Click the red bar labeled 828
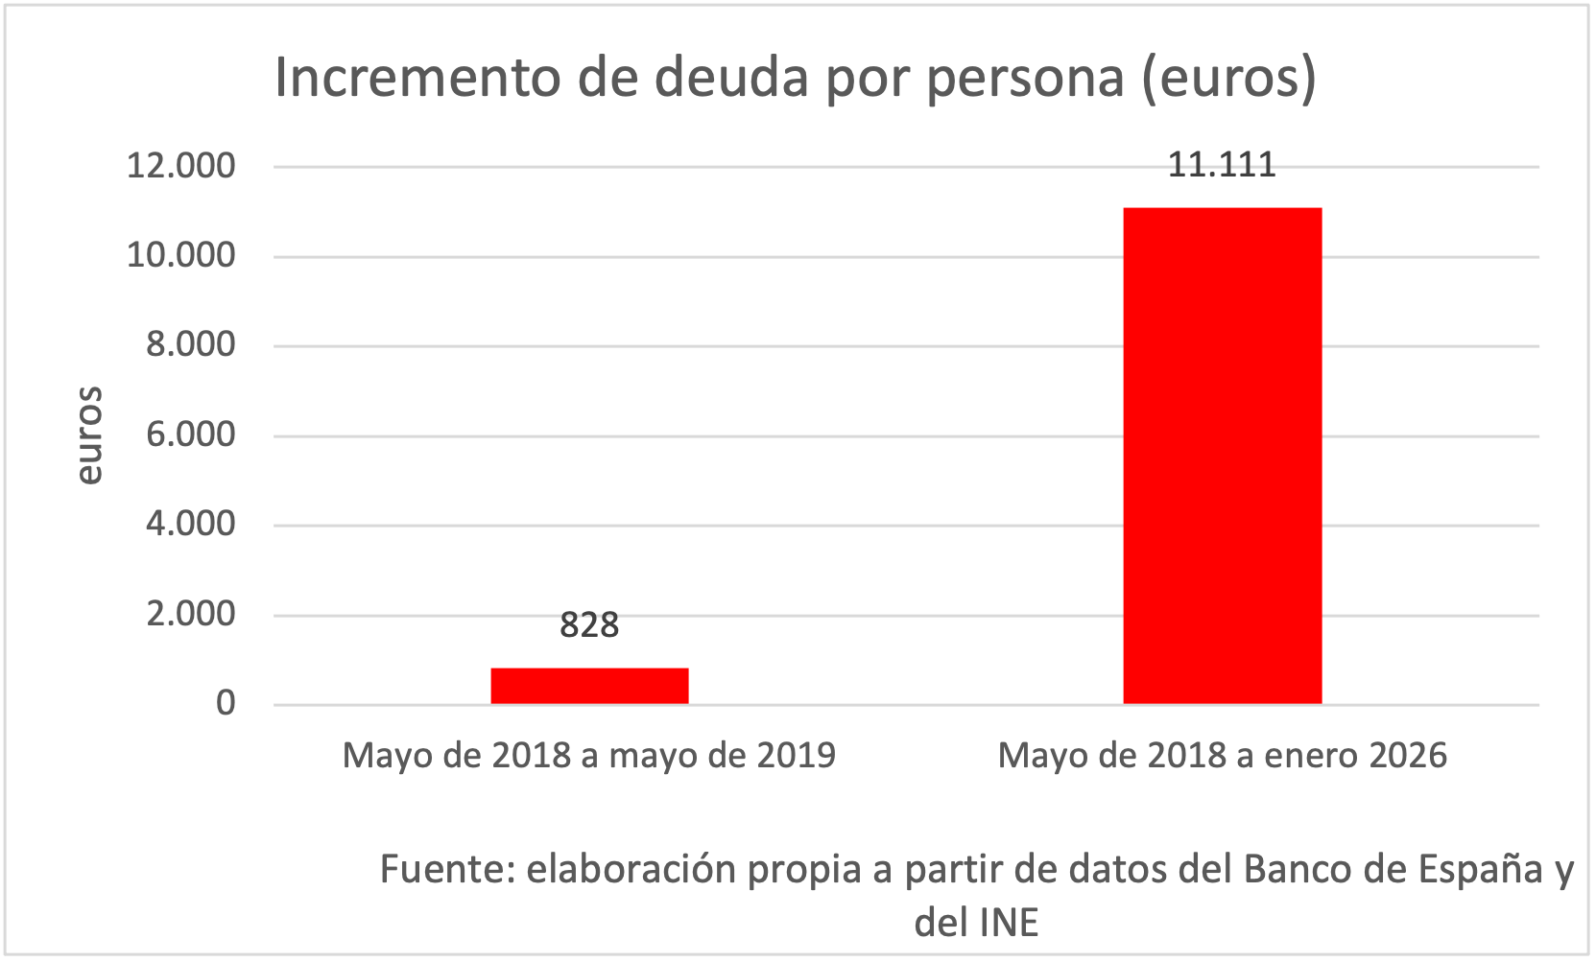click(589, 686)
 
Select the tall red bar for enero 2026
click(1222, 456)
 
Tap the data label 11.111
click(1221, 165)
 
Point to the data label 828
click(589, 625)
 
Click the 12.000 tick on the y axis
click(180, 166)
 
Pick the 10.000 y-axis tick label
click(180, 256)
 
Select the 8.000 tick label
click(190, 345)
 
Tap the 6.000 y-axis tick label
click(190, 435)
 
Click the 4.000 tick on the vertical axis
click(190, 525)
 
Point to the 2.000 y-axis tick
click(190, 615)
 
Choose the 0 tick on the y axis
click(226, 704)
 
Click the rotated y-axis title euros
click(90, 435)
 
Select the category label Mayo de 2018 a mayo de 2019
click(589, 756)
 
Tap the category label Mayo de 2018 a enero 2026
click(1222, 756)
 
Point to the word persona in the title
click(1025, 80)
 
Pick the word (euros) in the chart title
click(1229, 79)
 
